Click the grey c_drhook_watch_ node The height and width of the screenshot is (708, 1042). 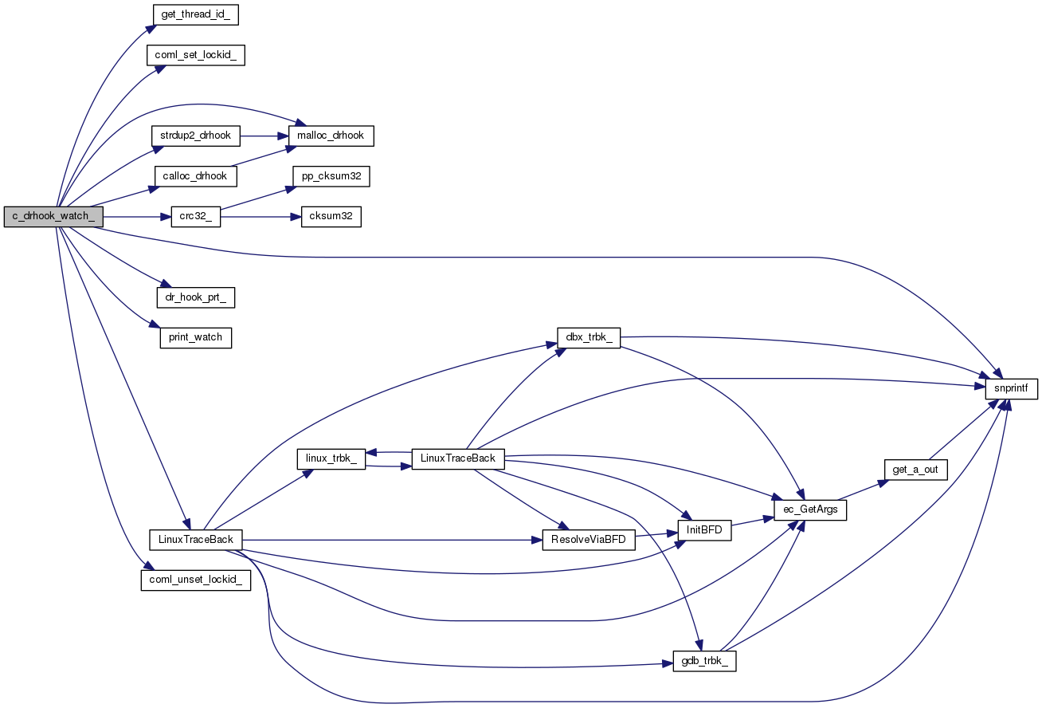[53, 217]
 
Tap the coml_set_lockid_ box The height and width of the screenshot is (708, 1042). [194, 55]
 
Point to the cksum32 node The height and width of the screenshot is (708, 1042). [331, 217]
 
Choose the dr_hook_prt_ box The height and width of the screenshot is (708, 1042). [197, 297]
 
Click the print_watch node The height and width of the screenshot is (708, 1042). [196, 337]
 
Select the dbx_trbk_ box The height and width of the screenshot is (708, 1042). [590, 338]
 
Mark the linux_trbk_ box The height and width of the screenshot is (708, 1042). [331, 458]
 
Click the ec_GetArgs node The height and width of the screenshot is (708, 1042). [809, 509]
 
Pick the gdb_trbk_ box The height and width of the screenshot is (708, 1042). [704, 661]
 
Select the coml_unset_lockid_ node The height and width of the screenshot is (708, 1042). [196, 580]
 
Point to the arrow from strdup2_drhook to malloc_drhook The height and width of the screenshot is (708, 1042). [258, 136]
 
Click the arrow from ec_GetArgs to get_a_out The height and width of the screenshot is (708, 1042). [864, 490]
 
